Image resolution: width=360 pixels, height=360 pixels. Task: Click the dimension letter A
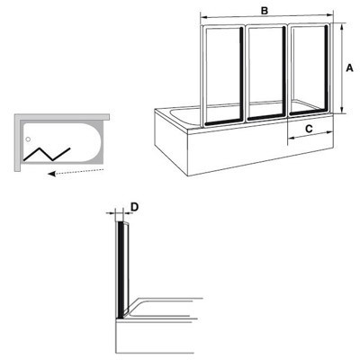[349, 68]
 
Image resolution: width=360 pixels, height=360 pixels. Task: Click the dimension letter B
[265, 11]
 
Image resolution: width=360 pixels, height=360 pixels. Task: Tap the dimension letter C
[309, 129]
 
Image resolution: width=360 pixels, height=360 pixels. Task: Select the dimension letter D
[135, 207]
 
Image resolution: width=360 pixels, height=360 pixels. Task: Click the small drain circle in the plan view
[28, 139]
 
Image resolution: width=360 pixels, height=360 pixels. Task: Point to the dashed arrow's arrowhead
[51, 174]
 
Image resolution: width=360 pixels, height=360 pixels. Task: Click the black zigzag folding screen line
[47, 154]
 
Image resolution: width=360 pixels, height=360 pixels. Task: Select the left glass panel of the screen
[223, 75]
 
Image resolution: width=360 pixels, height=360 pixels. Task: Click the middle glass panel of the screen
[266, 73]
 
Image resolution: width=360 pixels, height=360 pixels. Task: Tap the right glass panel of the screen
[309, 70]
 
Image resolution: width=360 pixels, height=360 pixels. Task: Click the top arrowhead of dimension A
[342, 26]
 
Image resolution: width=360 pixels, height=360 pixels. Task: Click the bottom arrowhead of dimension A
[342, 111]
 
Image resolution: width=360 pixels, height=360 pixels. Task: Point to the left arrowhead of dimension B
[203, 17]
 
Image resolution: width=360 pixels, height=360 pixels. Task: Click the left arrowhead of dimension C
[291, 138]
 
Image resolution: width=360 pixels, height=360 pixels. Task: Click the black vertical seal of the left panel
[240, 75]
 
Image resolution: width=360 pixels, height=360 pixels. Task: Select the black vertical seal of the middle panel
[283, 72]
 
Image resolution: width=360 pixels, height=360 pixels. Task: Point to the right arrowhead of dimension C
[330, 132]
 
